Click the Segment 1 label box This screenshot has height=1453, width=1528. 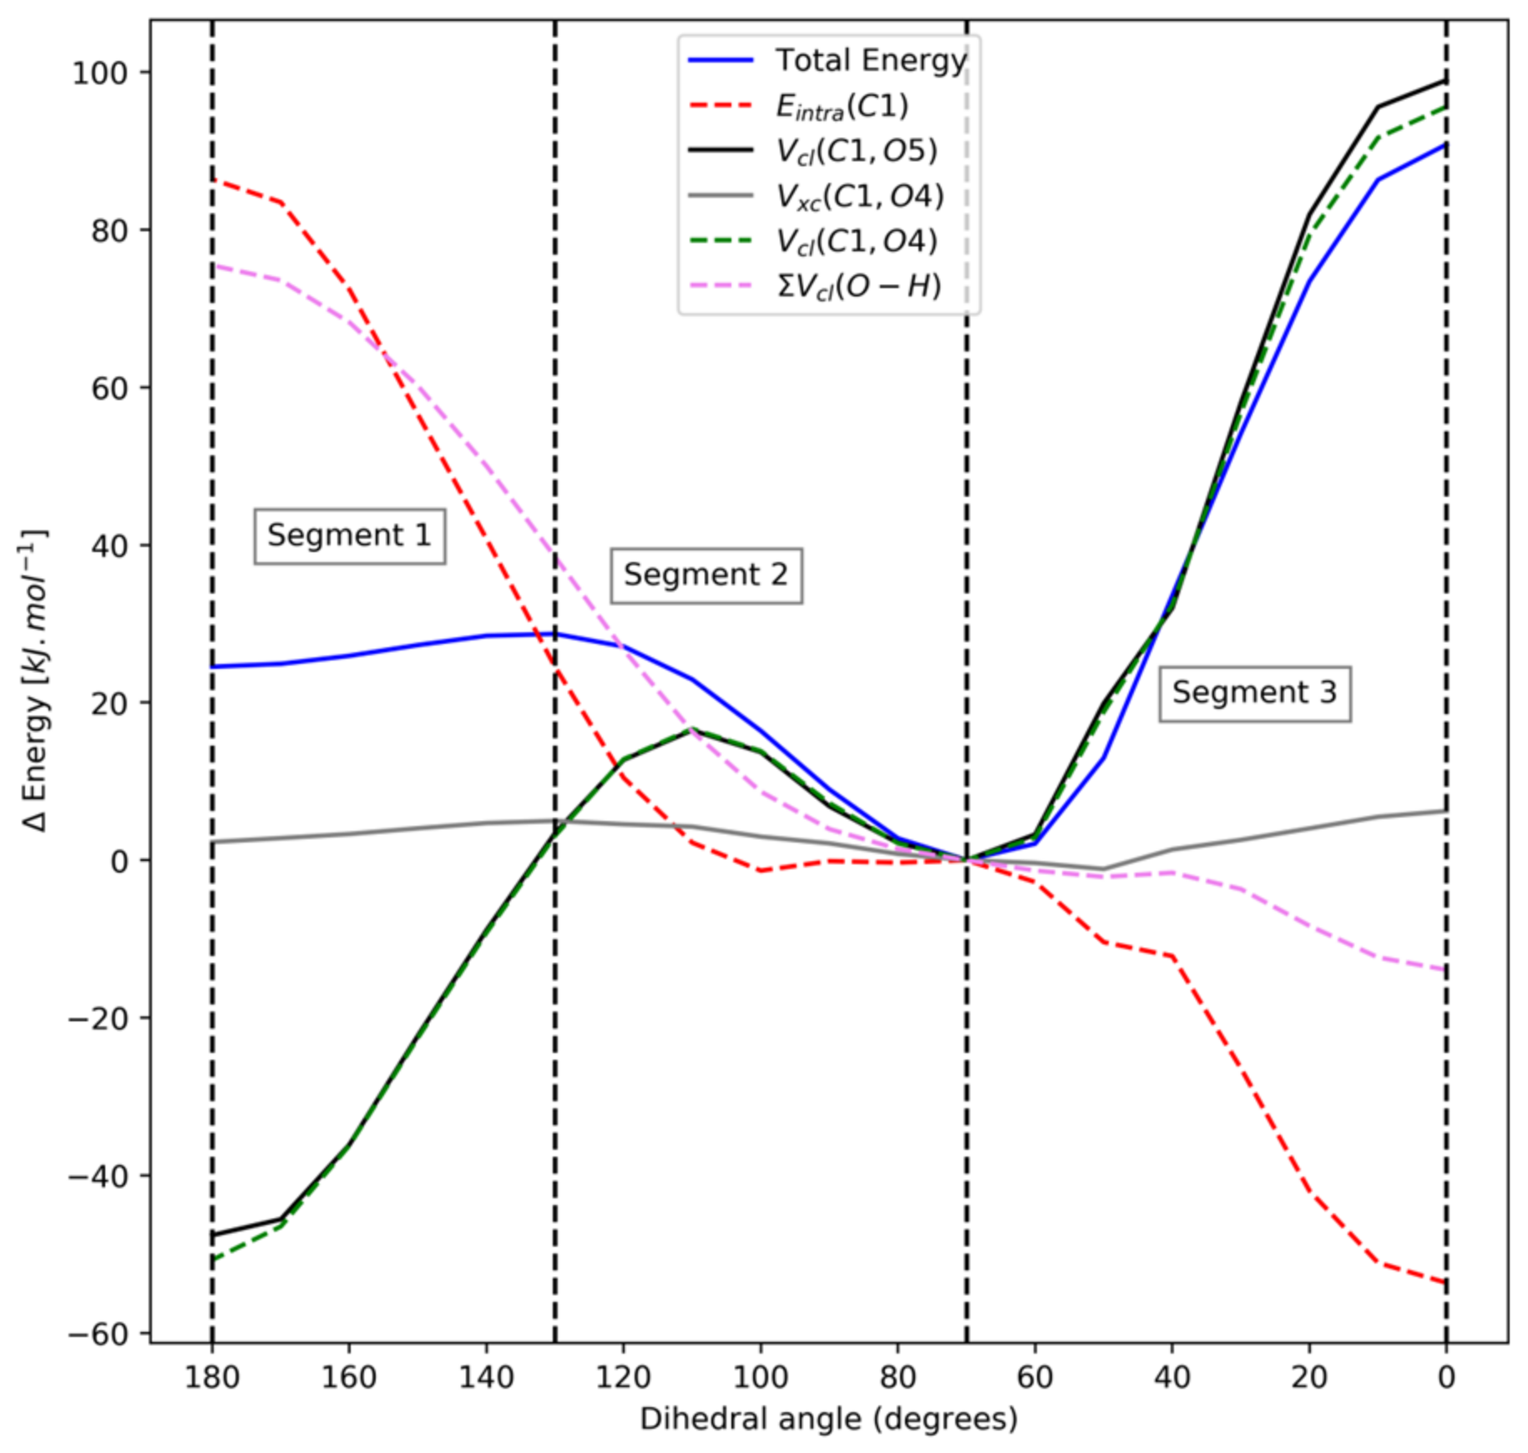[x=349, y=535]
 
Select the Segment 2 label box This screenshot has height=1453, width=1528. [x=706, y=575]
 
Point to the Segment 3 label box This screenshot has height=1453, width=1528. [x=1254, y=692]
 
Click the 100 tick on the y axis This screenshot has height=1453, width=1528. [x=99, y=73]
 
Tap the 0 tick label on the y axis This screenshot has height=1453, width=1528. [x=119, y=861]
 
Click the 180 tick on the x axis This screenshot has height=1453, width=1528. [x=212, y=1377]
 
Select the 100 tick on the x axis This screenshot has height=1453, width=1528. [x=761, y=1377]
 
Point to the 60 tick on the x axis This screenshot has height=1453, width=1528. [x=1035, y=1377]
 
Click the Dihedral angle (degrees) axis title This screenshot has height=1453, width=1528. [x=828, y=1419]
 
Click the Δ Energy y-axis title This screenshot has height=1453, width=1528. [x=35, y=681]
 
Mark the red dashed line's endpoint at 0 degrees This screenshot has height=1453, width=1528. [x=1445, y=1282]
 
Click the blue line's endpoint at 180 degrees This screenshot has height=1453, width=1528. [x=213, y=666]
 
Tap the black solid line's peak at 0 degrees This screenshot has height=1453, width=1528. [x=1445, y=81]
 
